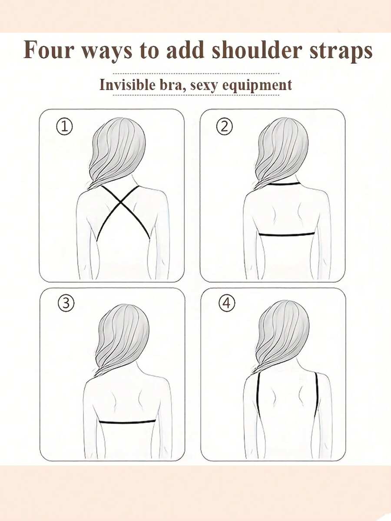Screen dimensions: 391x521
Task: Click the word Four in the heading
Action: pyautogui.click(x=48, y=50)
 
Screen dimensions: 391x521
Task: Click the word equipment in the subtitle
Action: pyautogui.click(x=257, y=85)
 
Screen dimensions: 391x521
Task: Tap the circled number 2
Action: pyautogui.click(x=225, y=127)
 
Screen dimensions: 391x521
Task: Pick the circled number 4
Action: pyautogui.click(x=227, y=303)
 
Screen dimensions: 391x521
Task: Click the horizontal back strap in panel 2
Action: pyautogui.click(x=287, y=234)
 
